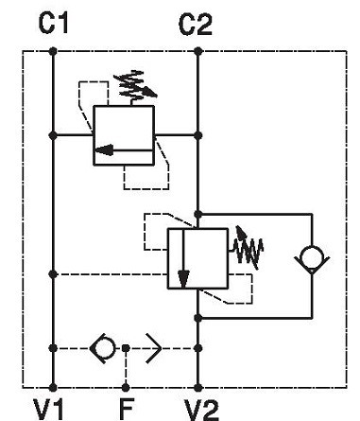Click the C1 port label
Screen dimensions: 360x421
coord(53,24)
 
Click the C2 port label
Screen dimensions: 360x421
coord(196,24)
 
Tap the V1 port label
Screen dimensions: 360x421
coord(49,410)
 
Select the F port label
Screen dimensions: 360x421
coord(127,409)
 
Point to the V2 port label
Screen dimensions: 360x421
coord(201,410)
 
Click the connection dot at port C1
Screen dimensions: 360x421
coord(53,51)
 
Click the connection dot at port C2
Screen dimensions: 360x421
coord(197,51)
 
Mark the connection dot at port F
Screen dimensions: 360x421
coord(126,387)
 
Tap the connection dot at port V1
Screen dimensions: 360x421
coord(53,387)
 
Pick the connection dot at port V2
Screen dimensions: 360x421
coord(197,387)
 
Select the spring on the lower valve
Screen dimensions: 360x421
coord(248,248)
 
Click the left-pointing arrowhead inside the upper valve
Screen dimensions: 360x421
coord(104,150)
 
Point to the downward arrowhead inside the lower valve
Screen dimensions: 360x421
coord(183,279)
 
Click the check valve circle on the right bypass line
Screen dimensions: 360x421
coord(312,258)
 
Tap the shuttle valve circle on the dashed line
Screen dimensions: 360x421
coord(103,348)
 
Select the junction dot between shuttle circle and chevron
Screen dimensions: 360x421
coord(126,348)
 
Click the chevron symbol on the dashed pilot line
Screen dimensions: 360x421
coord(154,348)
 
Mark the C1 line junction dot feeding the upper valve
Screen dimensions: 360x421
coord(53,135)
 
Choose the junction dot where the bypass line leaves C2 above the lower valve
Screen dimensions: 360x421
coord(197,215)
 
